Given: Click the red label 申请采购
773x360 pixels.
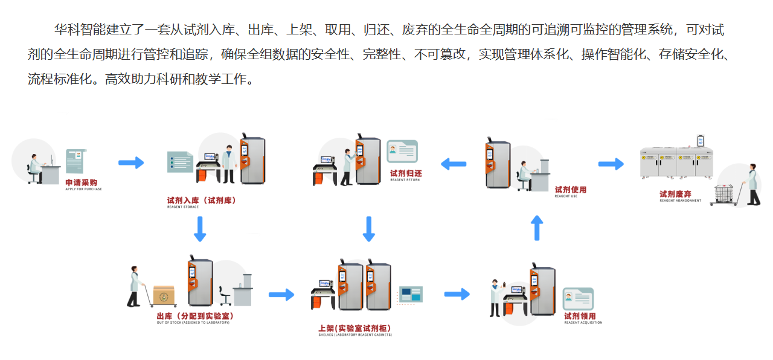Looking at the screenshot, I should pos(82,182).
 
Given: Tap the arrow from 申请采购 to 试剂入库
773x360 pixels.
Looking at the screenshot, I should pos(130,162).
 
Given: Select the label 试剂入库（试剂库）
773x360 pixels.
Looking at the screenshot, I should pos(201,200).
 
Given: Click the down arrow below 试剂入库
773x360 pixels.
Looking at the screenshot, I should pos(200,229).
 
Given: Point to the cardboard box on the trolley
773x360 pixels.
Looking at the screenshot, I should pos(163,295).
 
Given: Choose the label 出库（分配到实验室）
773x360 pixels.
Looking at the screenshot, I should pos(194,316).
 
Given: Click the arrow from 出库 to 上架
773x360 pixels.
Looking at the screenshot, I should pos(281,294).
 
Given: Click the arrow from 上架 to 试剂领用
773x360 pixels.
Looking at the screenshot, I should pos(457,294).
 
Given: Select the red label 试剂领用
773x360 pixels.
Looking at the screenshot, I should pos(580,316).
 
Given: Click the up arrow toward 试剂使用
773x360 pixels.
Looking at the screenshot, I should pos(537,228).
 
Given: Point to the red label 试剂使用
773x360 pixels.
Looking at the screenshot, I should pos(570,190).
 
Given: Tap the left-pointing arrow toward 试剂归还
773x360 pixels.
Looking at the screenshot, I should pos(453,163).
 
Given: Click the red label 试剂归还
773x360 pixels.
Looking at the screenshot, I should pos(406,173).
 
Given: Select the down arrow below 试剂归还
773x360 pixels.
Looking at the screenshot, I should pos(369,229).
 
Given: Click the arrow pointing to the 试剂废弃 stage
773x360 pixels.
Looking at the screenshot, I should pos(611,164).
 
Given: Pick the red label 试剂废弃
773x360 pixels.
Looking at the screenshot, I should pos(675,194).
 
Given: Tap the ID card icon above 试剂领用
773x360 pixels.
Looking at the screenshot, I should pos(578,298).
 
